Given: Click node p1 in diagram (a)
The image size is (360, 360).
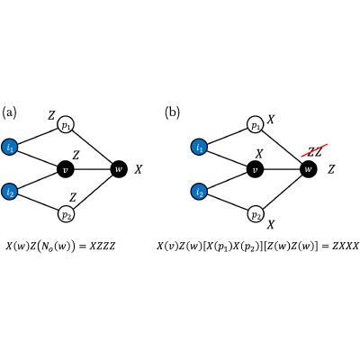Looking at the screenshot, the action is click(x=66, y=124).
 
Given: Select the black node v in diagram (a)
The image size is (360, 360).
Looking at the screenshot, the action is click(x=66, y=169).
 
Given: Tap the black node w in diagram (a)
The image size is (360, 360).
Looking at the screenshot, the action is click(x=119, y=169).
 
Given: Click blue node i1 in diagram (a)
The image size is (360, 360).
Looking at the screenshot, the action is click(x=9, y=148).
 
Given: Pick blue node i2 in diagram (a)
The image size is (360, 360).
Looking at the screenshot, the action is click(x=9, y=192).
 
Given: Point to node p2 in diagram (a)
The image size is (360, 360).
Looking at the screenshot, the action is click(x=66, y=214).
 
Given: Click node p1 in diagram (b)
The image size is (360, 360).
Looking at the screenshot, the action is click(x=256, y=124).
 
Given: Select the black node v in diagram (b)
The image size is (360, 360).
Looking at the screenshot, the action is click(x=256, y=169).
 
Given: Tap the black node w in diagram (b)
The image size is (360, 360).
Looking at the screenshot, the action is click(x=309, y=169).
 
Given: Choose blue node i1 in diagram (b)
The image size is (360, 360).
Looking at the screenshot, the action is click(x=199, y=148).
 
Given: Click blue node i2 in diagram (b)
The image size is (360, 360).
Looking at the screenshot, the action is click(x=199, y=192).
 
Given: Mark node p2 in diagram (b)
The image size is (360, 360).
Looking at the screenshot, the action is click(x=256, y=214).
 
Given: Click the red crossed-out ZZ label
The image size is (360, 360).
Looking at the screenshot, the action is click(x=314, y=151).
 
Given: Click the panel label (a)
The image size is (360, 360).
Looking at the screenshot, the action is click(x=9, y=112).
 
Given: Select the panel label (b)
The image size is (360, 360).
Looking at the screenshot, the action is click(x=172, y=112).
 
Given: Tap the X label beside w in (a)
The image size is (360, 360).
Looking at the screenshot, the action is click(x=139, y=170).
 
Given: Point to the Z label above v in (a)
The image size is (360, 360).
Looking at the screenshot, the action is click(x=76, y=155).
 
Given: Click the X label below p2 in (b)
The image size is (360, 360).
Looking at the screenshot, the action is click(x=271, y=224).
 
